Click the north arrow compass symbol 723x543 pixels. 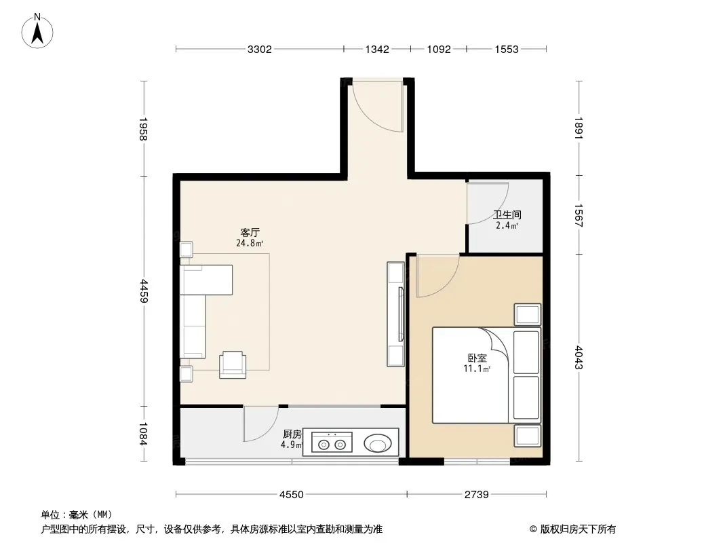(x=37, y=31)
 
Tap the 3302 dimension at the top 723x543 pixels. (x=260, y=50)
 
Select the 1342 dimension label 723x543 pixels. (x=377, y=50)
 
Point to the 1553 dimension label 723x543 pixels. (x=507, y=50)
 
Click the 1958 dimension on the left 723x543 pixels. (x=143, y=129)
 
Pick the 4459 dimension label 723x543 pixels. (x=143, y=291)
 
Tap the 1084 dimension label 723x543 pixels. (x=143, y=434)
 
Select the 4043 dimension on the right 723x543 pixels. (x=579, y=357)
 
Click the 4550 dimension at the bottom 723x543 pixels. (x=292, y=495)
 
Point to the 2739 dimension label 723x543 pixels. (x=476, y=495)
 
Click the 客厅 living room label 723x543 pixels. (x=250, y=233)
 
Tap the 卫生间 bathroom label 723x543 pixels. (x=507, y=214)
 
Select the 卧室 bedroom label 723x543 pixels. (x=477, y=358)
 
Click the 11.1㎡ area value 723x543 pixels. (x=477, y=369)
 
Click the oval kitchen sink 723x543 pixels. (x=378, y=444)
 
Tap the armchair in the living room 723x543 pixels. (x=233, y=364)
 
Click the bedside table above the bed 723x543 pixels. (x=528, y=315)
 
